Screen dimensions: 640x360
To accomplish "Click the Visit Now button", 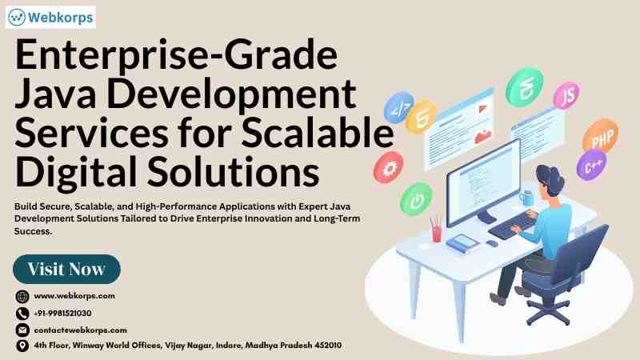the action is (66, 269).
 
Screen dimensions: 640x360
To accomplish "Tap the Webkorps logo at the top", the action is (50, 17).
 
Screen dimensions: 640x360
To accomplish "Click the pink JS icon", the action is (566, 96).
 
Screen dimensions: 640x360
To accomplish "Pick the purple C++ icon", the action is (591, 165).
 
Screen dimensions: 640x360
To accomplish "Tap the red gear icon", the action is (388, 167).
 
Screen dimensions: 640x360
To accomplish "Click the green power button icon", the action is (416, 199).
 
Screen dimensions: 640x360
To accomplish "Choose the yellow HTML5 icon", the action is (422, 118).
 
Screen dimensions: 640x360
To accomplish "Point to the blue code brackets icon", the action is (398, 107).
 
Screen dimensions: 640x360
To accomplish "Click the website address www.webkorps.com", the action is (74, 295).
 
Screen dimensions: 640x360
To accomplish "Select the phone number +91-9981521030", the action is (62, 313).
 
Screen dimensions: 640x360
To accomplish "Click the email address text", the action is (81, 330).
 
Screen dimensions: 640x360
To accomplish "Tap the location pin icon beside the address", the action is (22, 346).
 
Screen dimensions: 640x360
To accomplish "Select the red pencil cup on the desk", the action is (436, 231).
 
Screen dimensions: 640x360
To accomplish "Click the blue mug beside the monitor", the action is (526, 198).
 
